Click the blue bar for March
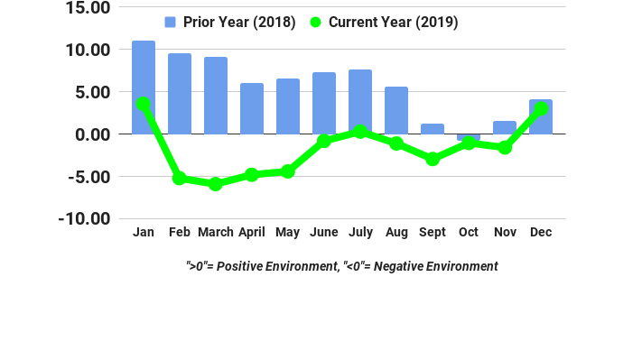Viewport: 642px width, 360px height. pyautogui.click(x=216, y=95)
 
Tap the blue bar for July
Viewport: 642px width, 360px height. pyautogui.click(x=360, y=101)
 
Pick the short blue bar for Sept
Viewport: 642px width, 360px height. pyautogui.click(x=433, y=129)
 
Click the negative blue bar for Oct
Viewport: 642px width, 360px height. pyautogui.click(x=469, y=137)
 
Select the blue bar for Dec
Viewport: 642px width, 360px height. pyautogui.click(x=541, y=116)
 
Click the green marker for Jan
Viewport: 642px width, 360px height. pyautogui.click(x=144, y=105)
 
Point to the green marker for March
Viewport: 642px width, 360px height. pyautogui.click(x=216, y=184)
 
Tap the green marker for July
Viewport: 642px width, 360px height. pyautogui.click(x=360, y=132)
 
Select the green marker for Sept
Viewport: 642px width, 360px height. pyautogui.click(x=433, y=159)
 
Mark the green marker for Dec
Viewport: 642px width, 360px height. pyautogui.click(x=541, y=108)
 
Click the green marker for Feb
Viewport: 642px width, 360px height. pyautogui.click(x=180, y=179)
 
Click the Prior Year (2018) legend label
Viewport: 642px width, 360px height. pyautogui.click(x=239, y=23)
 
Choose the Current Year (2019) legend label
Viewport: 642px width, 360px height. pyautogui.click(x=393, y=23)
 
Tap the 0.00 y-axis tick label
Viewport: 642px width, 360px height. pyautogui.click(x=91, y=134)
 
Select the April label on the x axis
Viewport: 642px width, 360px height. pyautogui.click(x=252, y=233)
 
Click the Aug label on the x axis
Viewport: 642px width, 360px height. pyautogui.click(x=396, y=233)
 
